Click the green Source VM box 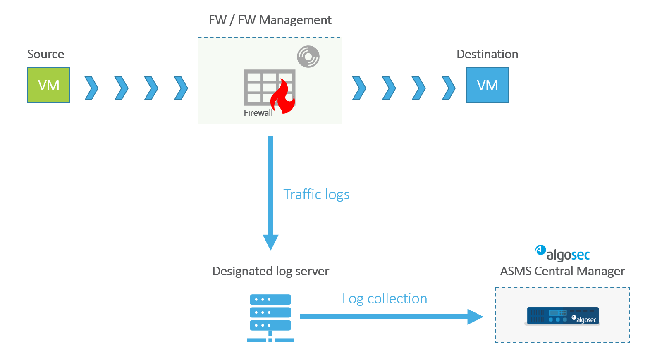48,85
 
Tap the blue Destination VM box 487,85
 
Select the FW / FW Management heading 270,20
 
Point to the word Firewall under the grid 258,113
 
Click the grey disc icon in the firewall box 308,57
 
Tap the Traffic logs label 316,194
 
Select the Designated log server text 270,271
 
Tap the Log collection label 385,298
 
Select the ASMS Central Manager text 562,271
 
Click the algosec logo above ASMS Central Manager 563,254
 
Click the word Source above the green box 45,54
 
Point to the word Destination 487,54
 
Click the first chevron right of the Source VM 92,88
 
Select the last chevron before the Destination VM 449,88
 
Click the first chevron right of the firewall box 359,88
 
